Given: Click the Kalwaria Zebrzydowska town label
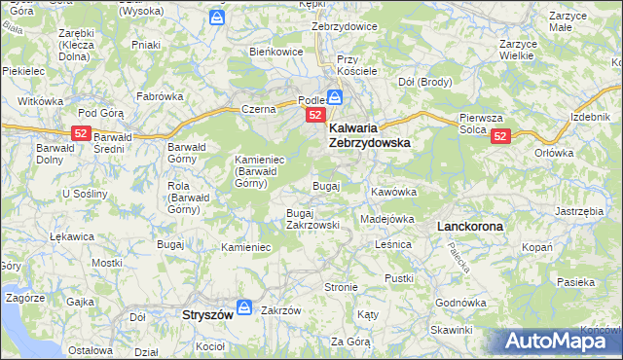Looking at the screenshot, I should coord(369,134).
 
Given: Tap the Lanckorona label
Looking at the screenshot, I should coord(470,226).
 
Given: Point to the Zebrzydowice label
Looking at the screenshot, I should coord(344,26).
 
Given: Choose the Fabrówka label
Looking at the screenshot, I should coord(160,96).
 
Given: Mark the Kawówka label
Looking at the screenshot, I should coord(393,192).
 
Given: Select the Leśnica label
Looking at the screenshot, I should coord(393,245).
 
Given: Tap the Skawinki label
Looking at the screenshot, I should coord(450,331).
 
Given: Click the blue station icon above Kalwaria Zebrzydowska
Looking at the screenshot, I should coord(334,97).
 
